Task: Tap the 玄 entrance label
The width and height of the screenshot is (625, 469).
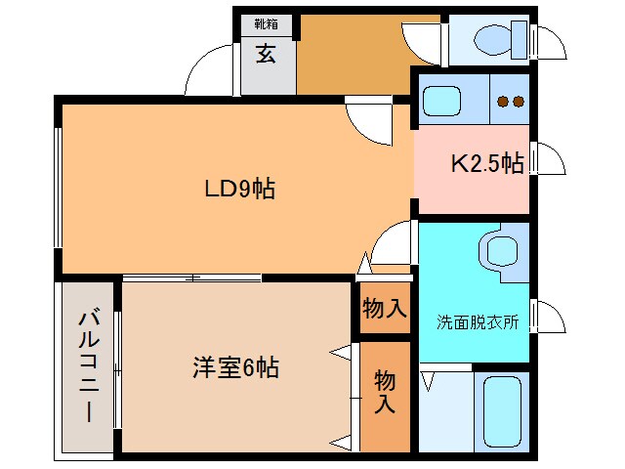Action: [x=266, y=54]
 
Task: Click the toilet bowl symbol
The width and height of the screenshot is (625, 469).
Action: [x=497, y=39]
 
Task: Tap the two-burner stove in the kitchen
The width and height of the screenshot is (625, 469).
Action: [x=508, y=101]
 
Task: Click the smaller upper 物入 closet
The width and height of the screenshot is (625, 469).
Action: [x=384, y=309]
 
